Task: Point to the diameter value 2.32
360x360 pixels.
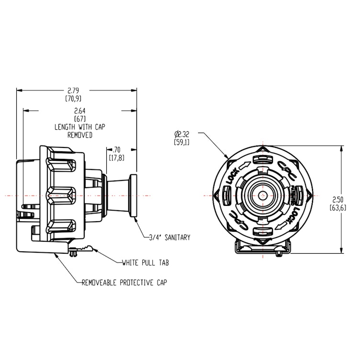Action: [x=183, y=135]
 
